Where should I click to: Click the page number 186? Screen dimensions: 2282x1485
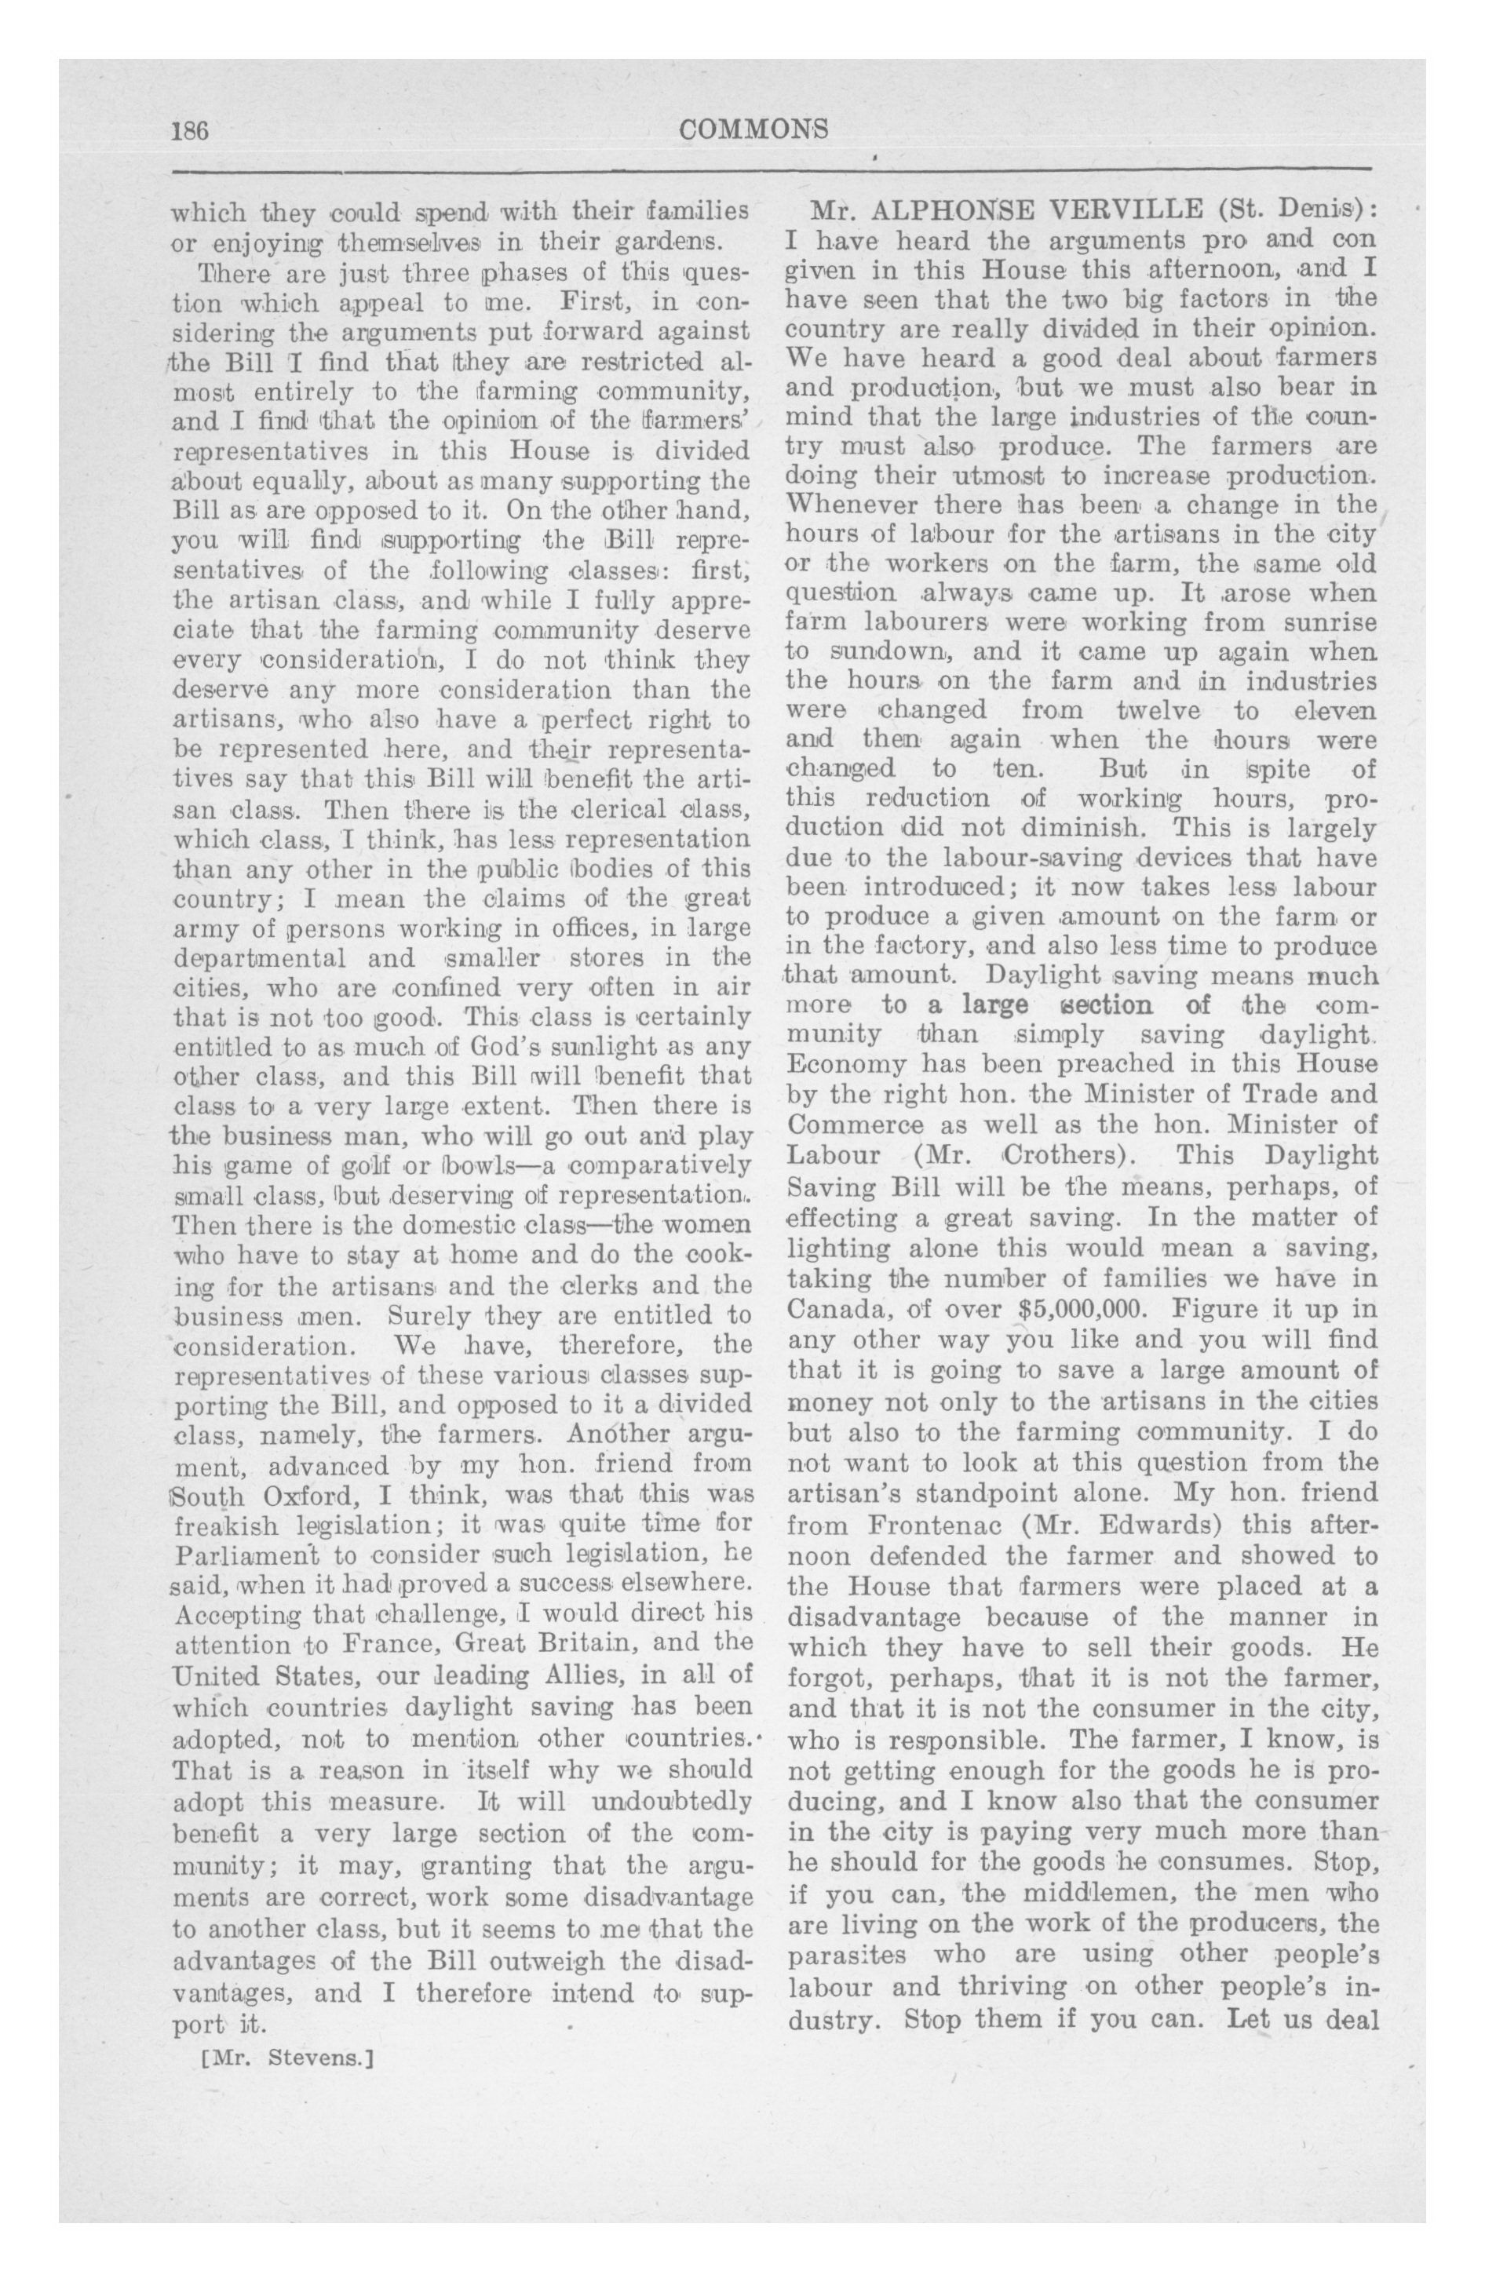190,130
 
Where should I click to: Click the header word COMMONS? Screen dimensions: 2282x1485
753,129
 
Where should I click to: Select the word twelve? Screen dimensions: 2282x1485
1158,712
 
